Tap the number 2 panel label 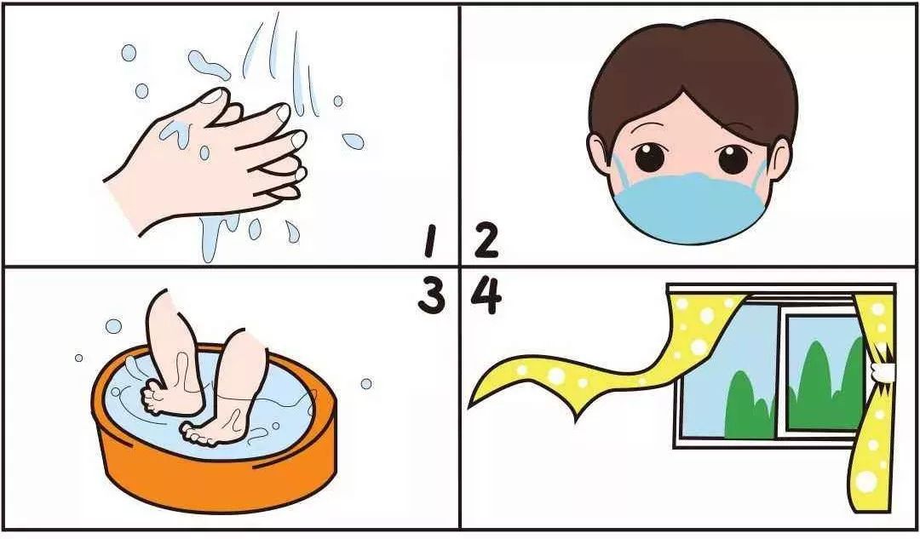[486, 241]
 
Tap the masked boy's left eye [649, 157]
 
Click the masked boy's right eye [733, 158]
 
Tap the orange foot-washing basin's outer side [217, 469]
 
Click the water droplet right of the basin [366, 383]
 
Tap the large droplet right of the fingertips [353, 140]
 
